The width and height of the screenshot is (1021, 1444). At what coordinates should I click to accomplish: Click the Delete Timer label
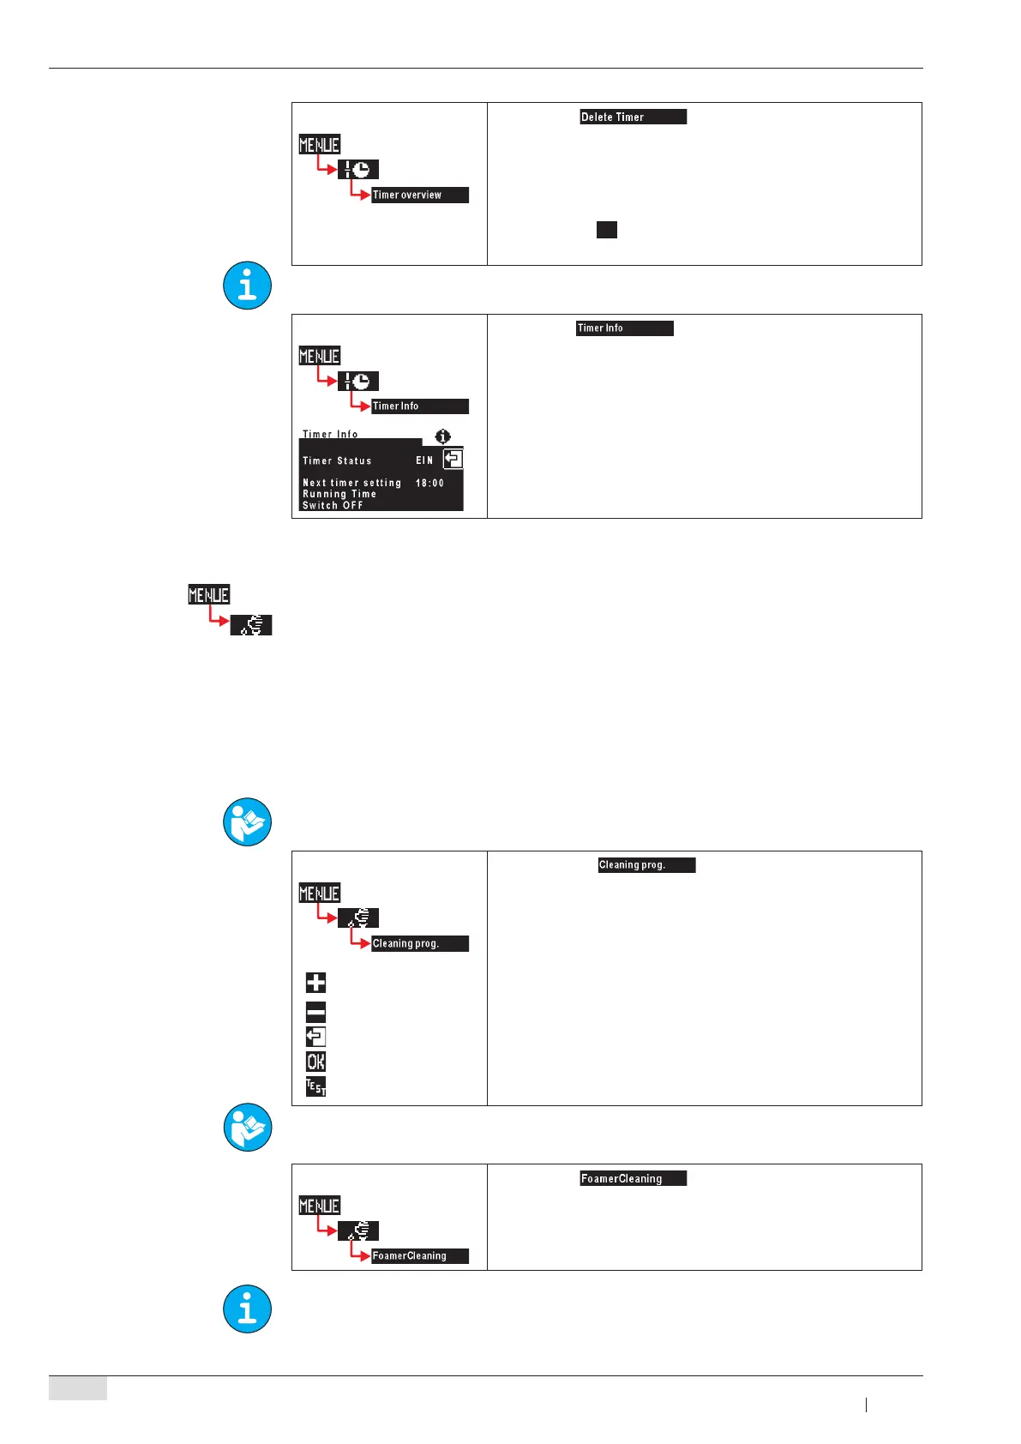(633, 117)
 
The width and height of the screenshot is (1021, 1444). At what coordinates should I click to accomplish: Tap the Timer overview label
(419, 195)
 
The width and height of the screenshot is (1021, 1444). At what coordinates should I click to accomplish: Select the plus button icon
(315, 983)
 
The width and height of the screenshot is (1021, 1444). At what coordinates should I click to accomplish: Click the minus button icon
(315, 1012)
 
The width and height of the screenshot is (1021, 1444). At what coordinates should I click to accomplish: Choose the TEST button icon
(315, 1086)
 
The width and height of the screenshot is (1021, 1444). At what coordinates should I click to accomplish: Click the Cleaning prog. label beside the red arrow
(419, 943)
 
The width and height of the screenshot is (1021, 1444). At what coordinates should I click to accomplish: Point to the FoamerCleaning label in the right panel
(633, 1178)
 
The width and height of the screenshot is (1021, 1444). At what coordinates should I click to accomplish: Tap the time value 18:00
(429, 483)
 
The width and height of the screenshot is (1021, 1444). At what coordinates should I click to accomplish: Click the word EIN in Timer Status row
(424, 460)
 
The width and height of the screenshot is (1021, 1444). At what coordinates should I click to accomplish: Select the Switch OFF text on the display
(333, 505)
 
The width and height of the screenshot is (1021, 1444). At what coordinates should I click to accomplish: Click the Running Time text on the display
(339, 494)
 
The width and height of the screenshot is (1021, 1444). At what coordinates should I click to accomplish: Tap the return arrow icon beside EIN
(453, 459)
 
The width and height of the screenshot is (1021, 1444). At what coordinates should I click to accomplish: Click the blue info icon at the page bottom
(247, 1309)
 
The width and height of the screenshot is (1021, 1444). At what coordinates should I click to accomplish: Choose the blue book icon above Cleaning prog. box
(247, 822)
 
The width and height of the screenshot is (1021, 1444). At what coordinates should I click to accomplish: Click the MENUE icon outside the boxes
(209, 594)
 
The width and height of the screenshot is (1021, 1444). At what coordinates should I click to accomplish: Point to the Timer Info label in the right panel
(624, 328)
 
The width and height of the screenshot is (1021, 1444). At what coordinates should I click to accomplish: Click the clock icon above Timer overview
(358, 170)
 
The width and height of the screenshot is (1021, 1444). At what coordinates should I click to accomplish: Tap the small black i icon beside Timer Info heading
(442, 436)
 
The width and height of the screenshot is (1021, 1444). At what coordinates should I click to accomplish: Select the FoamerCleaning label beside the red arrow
(419, 1255)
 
